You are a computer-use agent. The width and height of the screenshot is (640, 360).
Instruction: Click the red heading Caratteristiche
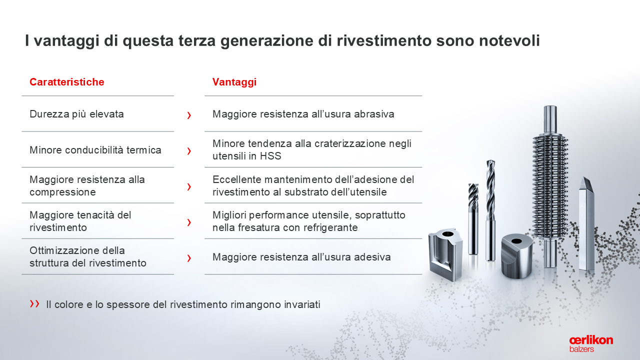67,82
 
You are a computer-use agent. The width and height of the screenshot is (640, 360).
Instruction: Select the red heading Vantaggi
234,82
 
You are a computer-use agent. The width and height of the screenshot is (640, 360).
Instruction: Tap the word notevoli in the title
509,40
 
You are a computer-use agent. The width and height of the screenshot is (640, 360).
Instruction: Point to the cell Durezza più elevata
76,114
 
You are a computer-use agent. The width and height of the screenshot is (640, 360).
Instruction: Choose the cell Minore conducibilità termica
95,150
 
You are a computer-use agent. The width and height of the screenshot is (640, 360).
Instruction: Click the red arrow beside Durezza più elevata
189,115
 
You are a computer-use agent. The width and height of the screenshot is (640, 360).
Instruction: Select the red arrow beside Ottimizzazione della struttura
189,258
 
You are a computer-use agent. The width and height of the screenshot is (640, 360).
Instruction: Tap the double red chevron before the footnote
34,303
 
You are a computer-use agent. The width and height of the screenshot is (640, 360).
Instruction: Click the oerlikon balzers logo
591,344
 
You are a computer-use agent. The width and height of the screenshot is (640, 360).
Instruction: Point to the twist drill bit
490,210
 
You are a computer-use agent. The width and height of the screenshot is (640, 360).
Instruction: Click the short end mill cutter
473,219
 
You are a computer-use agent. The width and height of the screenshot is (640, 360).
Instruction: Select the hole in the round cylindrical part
516,241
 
